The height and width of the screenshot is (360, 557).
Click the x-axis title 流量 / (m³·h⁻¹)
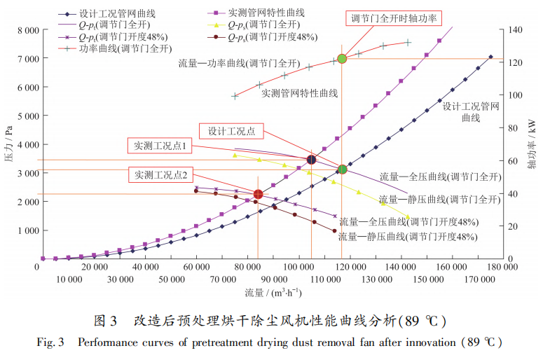tap(274, 292)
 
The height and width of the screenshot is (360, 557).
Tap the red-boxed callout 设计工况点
tap(231, 131)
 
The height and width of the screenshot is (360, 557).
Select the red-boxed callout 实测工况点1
tap(160, 146)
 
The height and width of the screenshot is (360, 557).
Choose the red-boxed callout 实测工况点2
tap(160, 175)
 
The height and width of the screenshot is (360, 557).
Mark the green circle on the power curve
tap(342, 59)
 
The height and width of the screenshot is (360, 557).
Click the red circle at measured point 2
tap(258, 194)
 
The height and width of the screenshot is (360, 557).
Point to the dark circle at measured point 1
tap(311, 160)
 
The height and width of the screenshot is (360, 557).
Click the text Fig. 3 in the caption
tap(50, 343)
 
